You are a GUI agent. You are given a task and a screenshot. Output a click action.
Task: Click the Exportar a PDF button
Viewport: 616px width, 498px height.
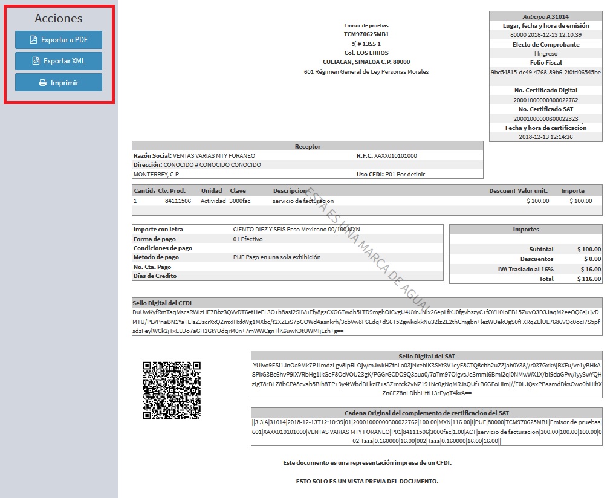coord(59,40)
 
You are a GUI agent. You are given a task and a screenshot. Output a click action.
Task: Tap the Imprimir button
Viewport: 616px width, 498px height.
coord(59,82)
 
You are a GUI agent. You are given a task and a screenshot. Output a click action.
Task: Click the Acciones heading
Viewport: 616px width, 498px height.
coord(59,19)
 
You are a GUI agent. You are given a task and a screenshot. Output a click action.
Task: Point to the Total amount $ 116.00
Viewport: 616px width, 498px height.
coord(589,279)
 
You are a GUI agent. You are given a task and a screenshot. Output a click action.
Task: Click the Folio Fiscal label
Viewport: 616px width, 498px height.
coord(545,63)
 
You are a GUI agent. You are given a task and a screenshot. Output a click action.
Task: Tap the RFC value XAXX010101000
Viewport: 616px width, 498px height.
coord(395,156)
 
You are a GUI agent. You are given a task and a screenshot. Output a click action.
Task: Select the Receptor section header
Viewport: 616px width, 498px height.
coord(308,146)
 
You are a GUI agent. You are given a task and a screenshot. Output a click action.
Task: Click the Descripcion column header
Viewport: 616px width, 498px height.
coord(290,191)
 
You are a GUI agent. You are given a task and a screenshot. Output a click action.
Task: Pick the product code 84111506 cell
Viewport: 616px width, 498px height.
coord(178,201)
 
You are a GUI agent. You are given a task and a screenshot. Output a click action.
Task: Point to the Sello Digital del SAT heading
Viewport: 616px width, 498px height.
coord(426,357)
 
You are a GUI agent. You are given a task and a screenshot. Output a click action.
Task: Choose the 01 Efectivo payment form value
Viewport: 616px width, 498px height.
coord(248,239)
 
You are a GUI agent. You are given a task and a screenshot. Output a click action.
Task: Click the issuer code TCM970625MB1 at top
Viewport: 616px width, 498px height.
coord(366,34)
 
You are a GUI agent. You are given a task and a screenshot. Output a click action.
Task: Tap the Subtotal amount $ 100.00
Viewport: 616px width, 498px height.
coord(589,250)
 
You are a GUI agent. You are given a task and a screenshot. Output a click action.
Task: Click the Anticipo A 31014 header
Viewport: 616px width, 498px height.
coord(545,17)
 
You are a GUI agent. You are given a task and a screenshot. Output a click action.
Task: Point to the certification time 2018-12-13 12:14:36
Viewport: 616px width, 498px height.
coord(545,137)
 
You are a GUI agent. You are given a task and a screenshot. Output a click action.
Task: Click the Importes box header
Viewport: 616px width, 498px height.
coord(525,230)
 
